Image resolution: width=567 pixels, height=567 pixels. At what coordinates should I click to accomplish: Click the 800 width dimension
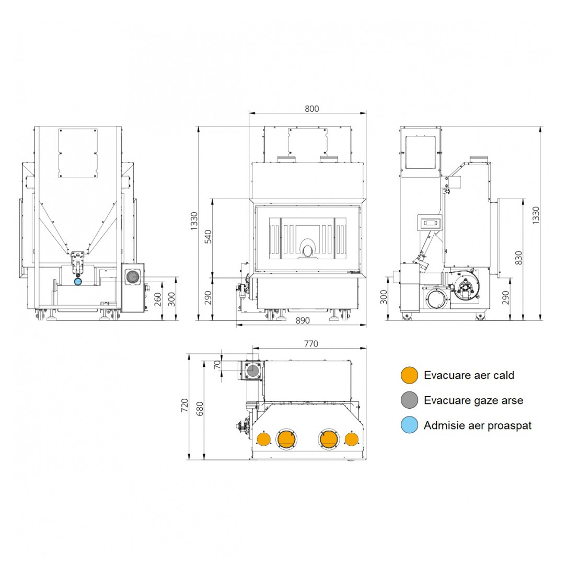[311, 109]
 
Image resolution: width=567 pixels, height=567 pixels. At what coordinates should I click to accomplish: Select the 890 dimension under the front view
[303, 320]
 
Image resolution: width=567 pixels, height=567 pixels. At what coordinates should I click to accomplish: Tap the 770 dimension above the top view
[311, 343]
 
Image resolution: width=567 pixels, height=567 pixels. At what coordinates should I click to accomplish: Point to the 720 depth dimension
[184, 405]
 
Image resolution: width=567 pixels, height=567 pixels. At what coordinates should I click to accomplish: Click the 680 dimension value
[200, 409]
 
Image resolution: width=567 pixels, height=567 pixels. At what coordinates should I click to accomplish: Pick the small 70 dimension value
[217, 365]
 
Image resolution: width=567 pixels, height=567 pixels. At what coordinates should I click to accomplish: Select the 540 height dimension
[209, 237]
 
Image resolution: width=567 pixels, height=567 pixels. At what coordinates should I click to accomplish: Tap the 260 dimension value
[158, 299]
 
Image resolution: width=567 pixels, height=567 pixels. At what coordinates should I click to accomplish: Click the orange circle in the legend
[409, 375]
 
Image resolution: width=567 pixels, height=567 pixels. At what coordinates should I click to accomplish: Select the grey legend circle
[409, 400]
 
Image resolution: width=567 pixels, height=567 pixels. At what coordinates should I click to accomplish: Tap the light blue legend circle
[409, 425]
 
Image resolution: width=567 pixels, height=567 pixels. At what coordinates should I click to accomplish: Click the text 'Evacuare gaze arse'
[473, 400]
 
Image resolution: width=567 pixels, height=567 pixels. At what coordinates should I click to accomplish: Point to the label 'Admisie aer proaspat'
[478, 425]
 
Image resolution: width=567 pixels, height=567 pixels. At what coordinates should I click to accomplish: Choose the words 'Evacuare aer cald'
[469, 375]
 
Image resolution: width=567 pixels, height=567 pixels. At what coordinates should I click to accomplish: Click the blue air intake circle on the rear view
[78, 281]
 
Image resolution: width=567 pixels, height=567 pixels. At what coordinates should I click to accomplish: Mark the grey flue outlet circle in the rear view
[133, 277]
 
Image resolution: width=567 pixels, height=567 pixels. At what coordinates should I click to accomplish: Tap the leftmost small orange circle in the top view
[263, 439]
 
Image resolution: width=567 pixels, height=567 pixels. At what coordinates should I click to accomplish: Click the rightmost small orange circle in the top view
[352, 439]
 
